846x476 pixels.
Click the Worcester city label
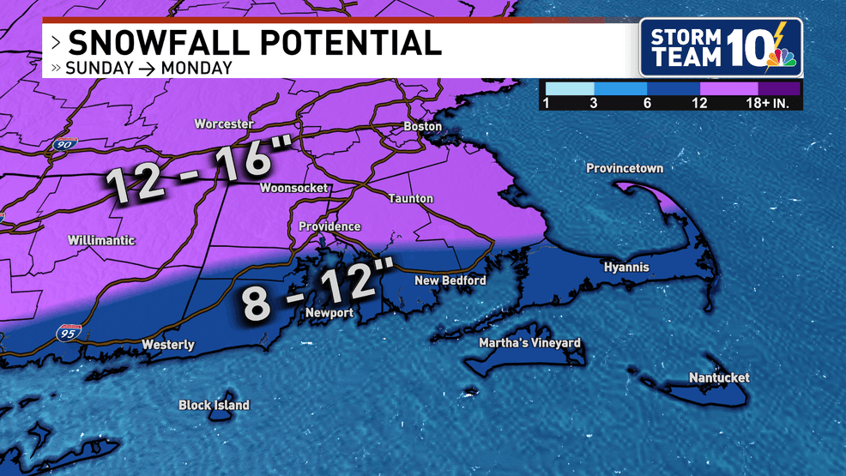(224, 124)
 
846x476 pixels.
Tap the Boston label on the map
(423, 127)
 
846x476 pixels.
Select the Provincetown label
(625, 168)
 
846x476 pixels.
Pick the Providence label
(329, 226)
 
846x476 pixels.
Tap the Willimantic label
(101, 240)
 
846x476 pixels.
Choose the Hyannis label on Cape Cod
(626, 268)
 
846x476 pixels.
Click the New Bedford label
(450, 280)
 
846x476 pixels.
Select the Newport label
(329, 313)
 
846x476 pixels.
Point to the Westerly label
(168, 345)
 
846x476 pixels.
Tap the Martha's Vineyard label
(530, 343)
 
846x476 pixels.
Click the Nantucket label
(719, 377)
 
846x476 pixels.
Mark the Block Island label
(214, 405)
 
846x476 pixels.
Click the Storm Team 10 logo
(721, 47)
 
